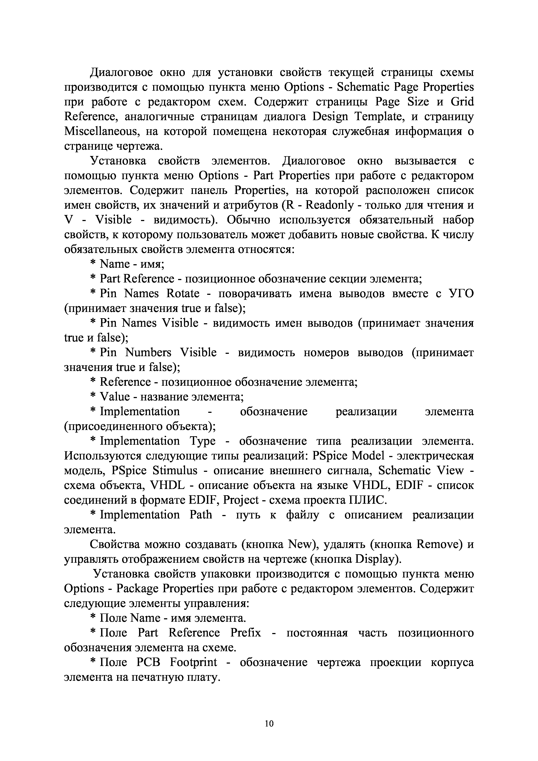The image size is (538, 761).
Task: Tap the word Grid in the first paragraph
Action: (462, 102)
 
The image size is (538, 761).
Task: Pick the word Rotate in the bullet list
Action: (183, 294)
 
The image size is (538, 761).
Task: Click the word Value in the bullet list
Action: (115, 397)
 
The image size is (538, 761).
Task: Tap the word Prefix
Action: (246, 633)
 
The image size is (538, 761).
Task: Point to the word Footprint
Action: (194, 663)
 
